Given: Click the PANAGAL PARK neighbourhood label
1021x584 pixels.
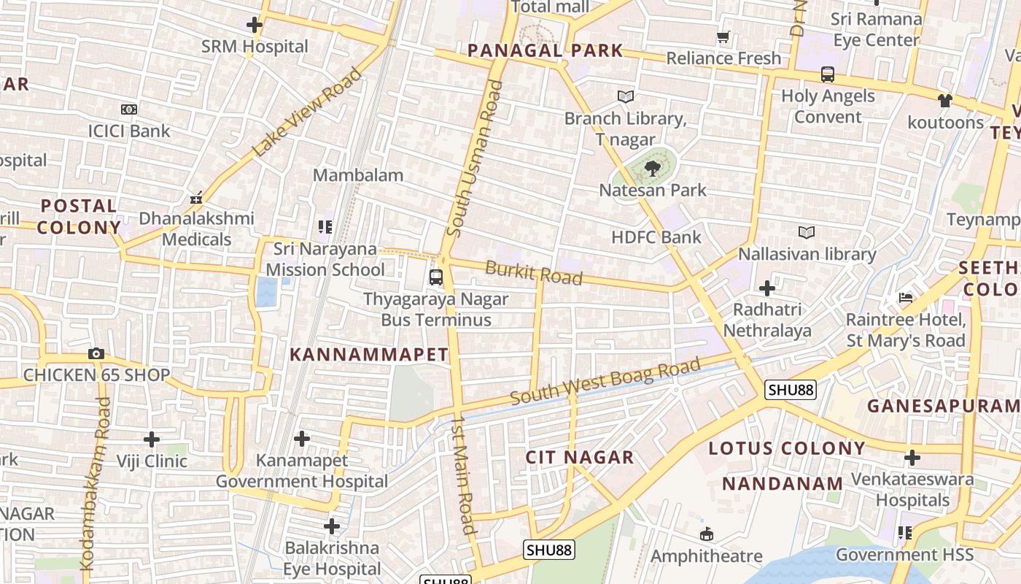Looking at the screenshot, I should [x=545, y=50].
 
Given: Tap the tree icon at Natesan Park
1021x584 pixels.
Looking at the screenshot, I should [x=653, y=169].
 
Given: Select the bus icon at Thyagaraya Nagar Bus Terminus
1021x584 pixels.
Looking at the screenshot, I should [x=436, y=277].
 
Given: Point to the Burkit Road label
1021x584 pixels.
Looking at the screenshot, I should [x=534, y=273].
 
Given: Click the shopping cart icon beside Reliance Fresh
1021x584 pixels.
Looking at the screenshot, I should [x=723, y=36].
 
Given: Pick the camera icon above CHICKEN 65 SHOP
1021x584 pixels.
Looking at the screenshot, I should [x=96, y=354].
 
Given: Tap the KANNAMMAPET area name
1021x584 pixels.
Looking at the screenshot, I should [x=369, y=355].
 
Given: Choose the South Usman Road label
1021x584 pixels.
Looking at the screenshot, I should [x=474, y=158].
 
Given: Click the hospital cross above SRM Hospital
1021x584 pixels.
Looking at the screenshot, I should [x=254, y=26].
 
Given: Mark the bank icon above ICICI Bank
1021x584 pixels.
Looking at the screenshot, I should [x=129, y=109].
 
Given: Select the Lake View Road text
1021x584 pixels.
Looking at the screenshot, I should [x=307, y=112].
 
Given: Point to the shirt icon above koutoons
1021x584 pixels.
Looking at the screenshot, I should [x=945, y=101].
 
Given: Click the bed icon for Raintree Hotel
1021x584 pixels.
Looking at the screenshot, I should [x=906, y=298].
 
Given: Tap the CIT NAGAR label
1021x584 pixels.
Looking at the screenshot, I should [x=580, y=458].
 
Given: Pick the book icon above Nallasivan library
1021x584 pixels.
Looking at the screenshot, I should [x=807, y=233].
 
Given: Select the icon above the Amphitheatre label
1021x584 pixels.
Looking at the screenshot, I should [x=706, y=534].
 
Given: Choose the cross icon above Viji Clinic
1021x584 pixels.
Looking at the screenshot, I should [x=152, y=439].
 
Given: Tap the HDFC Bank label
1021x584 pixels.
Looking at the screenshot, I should [x=656, y=237].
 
